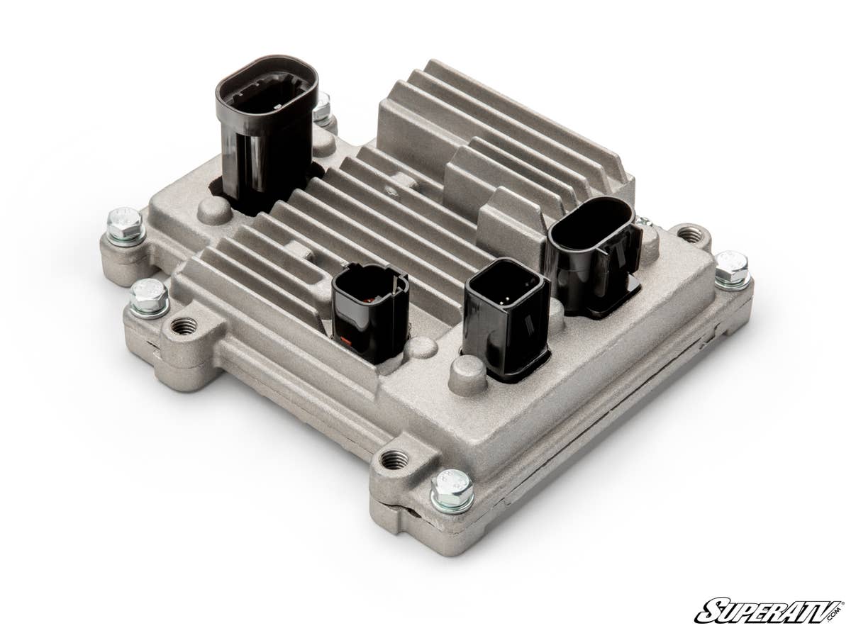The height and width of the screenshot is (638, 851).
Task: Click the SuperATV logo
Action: [769, 610]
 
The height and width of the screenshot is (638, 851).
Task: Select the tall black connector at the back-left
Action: [266, 131]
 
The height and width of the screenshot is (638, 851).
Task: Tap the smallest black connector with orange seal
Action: [369, 312]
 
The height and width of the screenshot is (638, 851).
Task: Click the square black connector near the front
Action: [506, 319]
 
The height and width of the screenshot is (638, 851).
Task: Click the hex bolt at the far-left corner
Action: [125, 225]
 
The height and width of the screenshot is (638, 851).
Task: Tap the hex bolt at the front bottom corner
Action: [452, 490]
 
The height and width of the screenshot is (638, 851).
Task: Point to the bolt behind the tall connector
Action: [323, 108]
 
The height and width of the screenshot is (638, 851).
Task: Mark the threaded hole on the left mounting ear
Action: [184, 326]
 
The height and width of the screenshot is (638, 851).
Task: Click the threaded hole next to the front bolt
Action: [394, 460]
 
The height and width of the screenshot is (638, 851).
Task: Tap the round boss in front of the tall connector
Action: [213, 211]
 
